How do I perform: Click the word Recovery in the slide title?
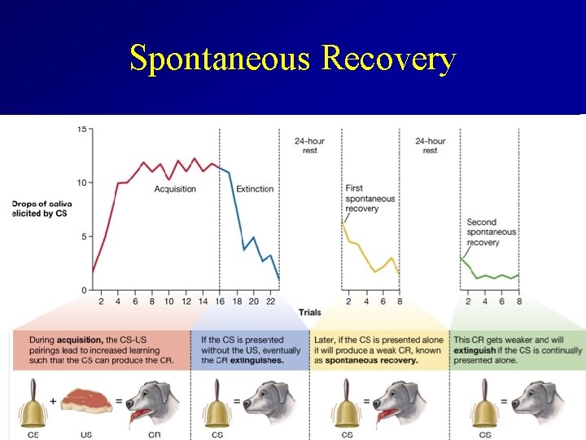point(388,59)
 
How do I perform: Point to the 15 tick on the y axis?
point(82,129)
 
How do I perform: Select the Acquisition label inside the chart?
point(175,189)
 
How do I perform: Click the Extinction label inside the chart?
point(255,189)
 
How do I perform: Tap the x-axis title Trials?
point(309,312)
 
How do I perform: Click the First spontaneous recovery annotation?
point(370,199)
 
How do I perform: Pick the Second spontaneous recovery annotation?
point(491,232)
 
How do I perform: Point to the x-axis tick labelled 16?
point(220,301)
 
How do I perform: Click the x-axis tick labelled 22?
point(270,301)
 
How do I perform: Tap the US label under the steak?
point(86,434)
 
